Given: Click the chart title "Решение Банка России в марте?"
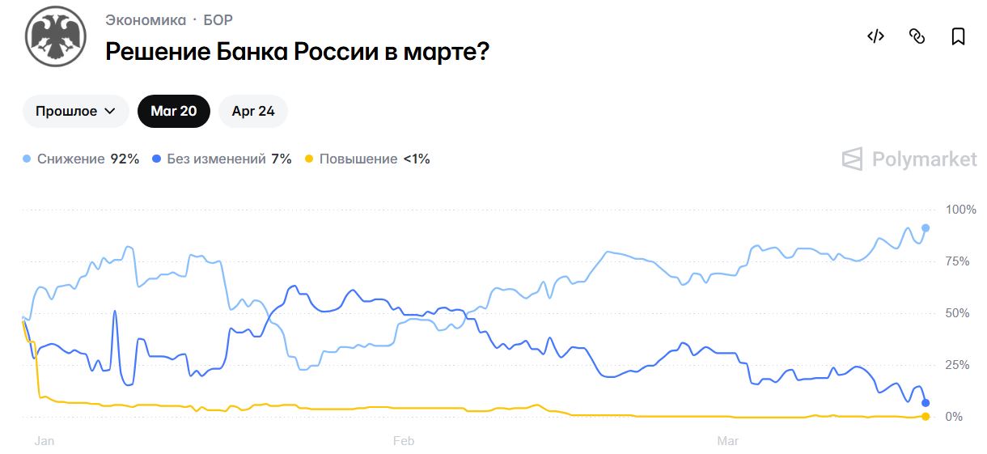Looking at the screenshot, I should pos(297,52).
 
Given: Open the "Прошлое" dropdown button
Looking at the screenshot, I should pos(76,112).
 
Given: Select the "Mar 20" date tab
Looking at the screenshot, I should pos(173,112).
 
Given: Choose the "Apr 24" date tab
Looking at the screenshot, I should pos(253,112).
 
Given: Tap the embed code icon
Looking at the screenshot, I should pos(875,36).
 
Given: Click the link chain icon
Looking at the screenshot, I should pos(917,36).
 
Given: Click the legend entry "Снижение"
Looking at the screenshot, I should pos(71,159).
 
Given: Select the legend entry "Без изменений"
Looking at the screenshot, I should pos(216,159).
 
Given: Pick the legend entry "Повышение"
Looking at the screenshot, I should pos(358,159).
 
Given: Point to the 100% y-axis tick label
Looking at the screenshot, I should pos(961,210).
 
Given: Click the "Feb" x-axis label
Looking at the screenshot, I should pos(403,441).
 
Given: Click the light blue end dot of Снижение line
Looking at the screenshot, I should pos(926,228).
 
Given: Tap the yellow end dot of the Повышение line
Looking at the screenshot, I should pos(926,416).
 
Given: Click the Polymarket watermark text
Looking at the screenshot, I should pos(924,159).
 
